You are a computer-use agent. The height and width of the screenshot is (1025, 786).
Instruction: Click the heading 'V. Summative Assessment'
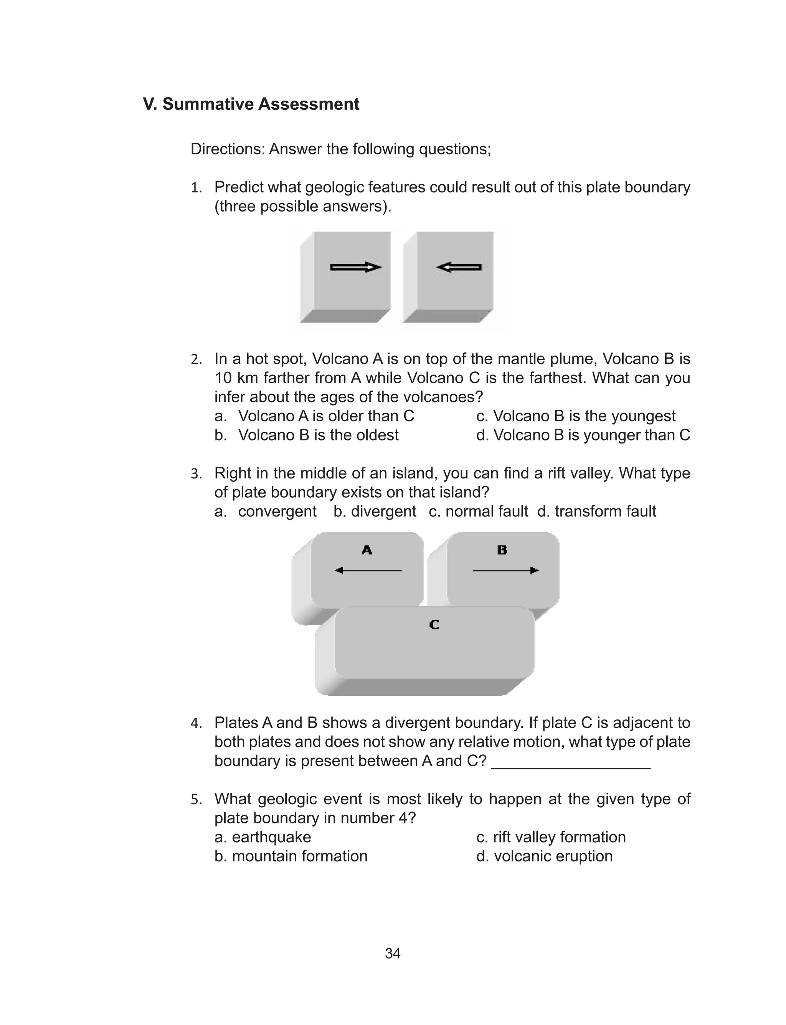[251, 104]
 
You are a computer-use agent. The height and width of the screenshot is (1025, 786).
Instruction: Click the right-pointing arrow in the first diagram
[355, 268]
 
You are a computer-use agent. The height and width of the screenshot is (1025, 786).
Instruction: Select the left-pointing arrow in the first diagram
[459, 268]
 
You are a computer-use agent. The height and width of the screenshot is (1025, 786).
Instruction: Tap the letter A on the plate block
[367, 550]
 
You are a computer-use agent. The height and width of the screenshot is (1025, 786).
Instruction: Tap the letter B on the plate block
[502, 550]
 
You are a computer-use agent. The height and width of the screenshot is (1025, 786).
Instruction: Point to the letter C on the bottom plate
[434, 625]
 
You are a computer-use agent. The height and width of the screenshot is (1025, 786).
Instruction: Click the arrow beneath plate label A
[368, 571]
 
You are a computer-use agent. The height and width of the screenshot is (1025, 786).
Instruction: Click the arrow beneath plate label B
[506, 571]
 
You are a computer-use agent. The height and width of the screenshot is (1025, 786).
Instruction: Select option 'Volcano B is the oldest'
[318, 435]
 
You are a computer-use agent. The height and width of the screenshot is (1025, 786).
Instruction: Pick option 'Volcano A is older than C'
[325, 416]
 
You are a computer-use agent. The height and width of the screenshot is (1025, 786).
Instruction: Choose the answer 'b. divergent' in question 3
[375, 512]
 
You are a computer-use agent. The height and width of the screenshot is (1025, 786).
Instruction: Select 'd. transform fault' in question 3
[596, 512]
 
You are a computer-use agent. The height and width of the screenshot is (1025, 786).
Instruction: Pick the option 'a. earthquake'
[263, 837]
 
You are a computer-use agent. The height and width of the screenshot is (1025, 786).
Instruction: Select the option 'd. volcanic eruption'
[544, 856]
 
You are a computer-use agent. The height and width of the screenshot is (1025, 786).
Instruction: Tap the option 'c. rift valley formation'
[551, 837]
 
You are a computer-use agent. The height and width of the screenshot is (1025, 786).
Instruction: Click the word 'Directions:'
[227, 149]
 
